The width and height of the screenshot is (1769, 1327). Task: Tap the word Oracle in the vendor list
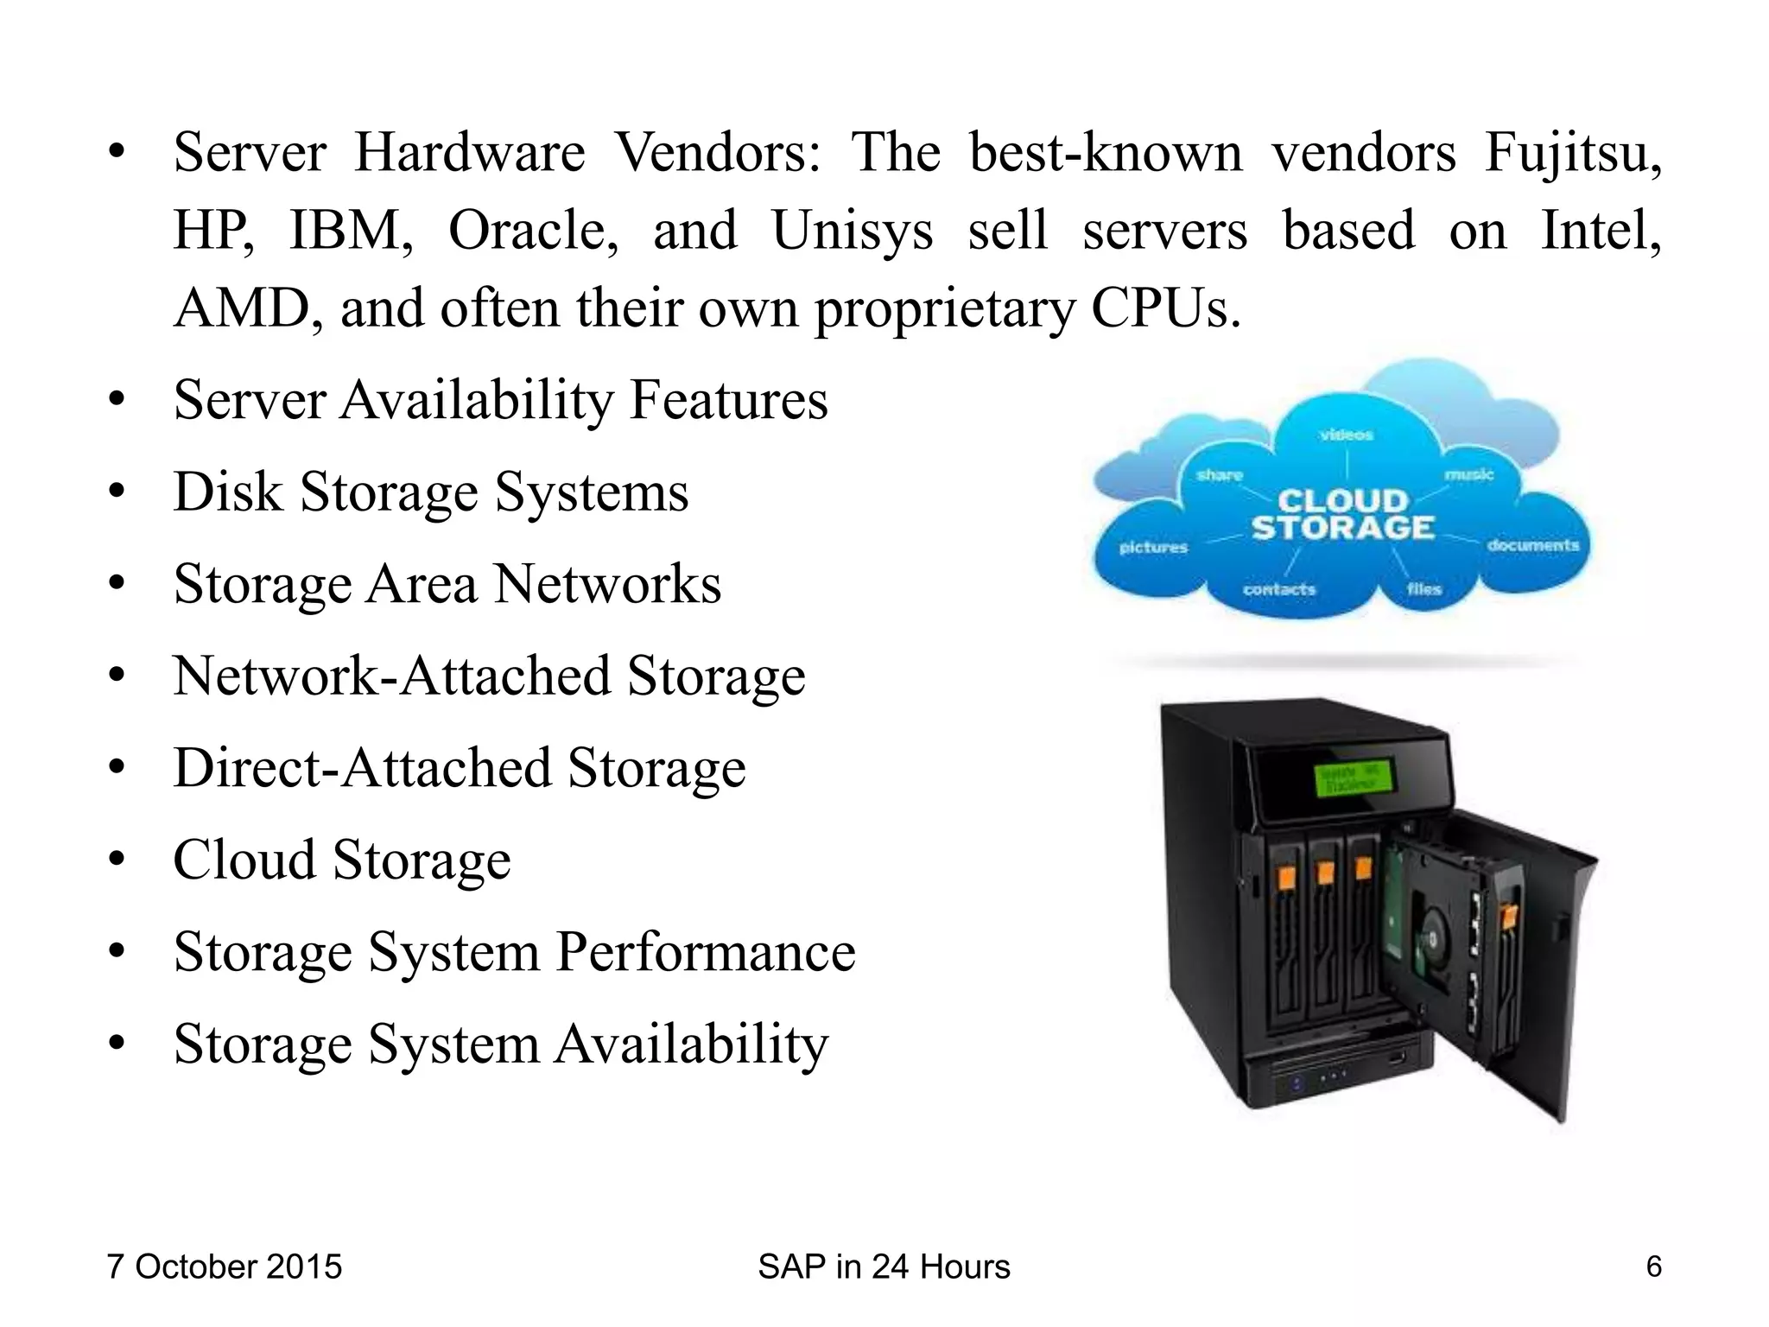533,232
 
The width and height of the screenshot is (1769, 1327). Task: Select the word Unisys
852,232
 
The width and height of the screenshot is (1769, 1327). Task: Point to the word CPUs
1166,308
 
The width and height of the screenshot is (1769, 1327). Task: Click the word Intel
1601,232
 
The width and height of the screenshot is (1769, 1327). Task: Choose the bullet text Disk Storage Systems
431,492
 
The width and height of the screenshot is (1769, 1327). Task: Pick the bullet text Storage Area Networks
447,584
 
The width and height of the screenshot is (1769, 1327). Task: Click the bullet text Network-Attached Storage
489,676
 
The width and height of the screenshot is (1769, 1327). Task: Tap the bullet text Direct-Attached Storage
459,768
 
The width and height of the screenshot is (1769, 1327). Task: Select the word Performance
705,952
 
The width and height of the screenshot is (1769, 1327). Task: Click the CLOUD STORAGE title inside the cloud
1342,514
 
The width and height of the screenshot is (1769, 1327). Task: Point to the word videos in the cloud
1347,435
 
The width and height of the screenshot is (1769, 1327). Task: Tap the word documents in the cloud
1532,545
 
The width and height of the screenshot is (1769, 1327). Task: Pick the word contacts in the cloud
1278,589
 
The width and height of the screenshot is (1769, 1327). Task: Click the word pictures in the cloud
1153,548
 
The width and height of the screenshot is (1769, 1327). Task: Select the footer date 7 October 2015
225,1267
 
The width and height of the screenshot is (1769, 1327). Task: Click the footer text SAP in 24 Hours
884,1267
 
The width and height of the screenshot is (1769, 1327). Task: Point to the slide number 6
1653,1267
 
